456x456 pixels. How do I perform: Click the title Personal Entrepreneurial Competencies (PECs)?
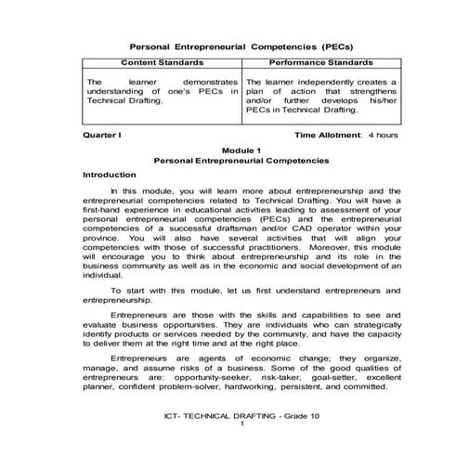tap(228, 45)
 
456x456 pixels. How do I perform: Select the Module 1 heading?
tap(228, 150)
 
